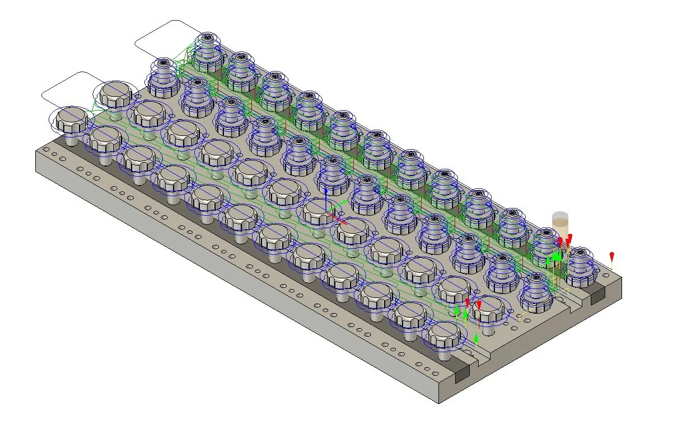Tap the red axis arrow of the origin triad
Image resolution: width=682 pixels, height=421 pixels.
click(341, 220)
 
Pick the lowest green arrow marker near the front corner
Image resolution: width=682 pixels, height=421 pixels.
click(476, 338)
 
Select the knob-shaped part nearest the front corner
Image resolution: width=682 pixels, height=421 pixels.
click(445, 334)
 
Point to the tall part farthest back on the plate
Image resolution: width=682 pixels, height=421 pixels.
click(208, 48)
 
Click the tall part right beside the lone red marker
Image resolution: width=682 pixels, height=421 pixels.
click(583, 263)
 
